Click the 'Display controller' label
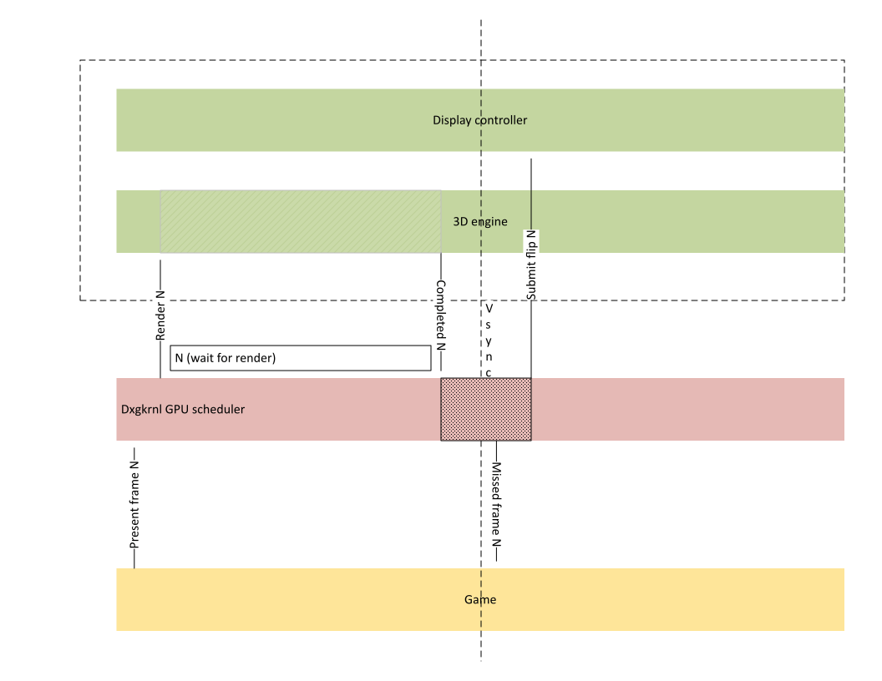[x=479, y=120]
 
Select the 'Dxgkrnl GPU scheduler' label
[x=183, y=409]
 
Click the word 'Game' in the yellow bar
[x=480, y=599]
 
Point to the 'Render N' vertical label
[x=160, y=315]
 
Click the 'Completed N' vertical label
[x=440, y=315]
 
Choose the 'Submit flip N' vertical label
[x=531, y=265]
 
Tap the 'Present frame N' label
[x=134, y=503]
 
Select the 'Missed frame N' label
[x=496, y=504]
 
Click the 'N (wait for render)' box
[x=301, y=358]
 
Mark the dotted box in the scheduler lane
[x=486, y=409]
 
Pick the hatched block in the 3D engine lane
[x=301, y=221]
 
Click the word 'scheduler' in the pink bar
[x=220, y=409]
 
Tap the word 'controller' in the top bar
[x=501, y=120]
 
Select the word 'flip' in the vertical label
[x=531, y=256]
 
